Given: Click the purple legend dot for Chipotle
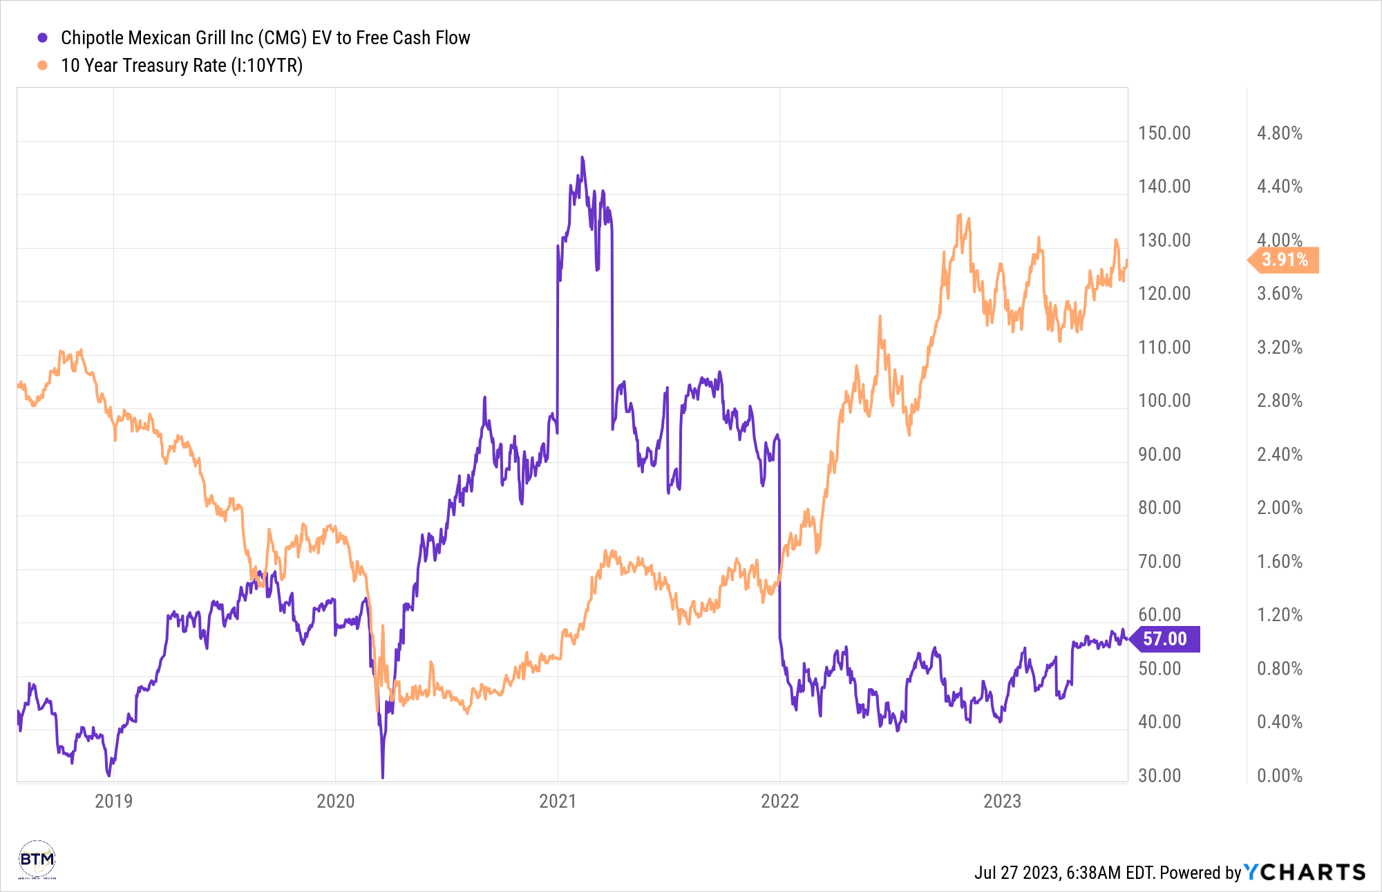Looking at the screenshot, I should click(x=43, y=38).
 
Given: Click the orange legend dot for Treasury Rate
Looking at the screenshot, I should click(x=43, y=66).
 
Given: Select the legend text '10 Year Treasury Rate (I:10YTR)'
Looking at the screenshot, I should click(x=182, y=66).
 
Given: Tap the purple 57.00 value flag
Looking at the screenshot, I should click(x=1165, y=639).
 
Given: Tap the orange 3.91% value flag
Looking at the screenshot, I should click(x=1285, y=260).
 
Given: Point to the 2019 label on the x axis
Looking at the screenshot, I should click(x=113, y=801).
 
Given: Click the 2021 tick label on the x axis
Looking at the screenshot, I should click(x=558, y=801).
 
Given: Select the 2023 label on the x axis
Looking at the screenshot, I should click(x=1002, y=801).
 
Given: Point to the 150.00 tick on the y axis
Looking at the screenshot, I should click(x=1164, y=133).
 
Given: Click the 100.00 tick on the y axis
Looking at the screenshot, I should click(x=1164, y=401).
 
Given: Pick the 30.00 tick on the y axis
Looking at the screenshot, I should click(x=1159, y=775).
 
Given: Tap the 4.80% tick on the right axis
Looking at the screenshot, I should click(x=1280, y=133).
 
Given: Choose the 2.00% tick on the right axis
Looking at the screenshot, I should click(x=1280, y=508).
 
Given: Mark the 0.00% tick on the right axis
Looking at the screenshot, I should click(x=1280, y=775).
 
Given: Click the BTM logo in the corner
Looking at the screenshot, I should click(x=37, y=860).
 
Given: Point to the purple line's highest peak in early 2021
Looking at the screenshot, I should click(x=583, y=158).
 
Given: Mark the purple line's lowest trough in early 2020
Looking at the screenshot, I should click(x=383, y=777).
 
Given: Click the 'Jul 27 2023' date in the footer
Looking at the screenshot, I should click(x=1017, y=873).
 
